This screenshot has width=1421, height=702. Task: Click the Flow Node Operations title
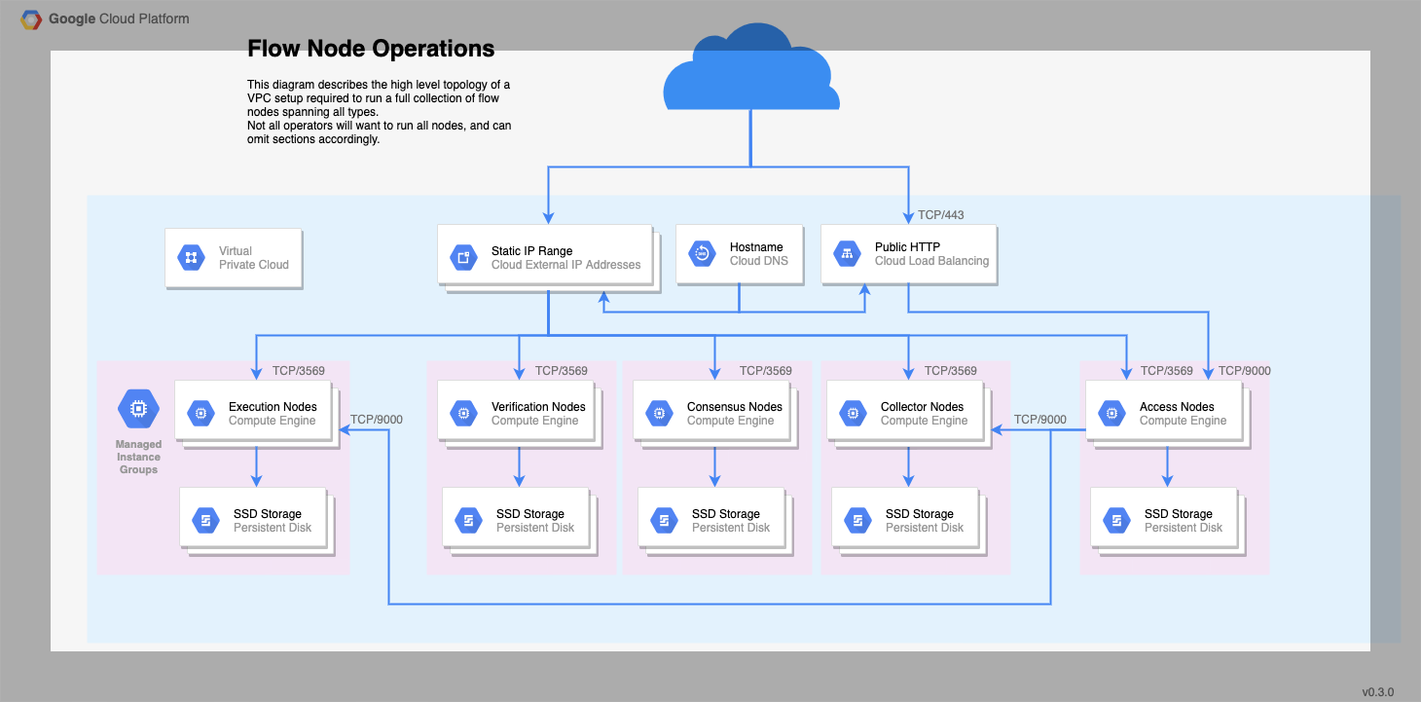click(371, 49)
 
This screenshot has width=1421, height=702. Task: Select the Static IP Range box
click(544, 256)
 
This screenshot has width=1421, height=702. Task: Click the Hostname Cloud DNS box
click(740, 255)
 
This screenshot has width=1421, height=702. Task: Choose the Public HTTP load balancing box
click(908, 255)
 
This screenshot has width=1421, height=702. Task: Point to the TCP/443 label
click(940, 215)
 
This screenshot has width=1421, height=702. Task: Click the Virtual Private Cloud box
click(234, 258)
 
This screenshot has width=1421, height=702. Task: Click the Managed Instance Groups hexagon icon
click(138, 409)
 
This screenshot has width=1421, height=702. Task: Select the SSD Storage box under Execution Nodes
click(254, 520)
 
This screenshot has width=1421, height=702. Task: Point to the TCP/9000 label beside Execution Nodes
click(376, 420)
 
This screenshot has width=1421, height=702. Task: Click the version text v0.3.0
click(1377, 691)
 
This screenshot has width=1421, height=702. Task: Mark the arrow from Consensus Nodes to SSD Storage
click(714, 466)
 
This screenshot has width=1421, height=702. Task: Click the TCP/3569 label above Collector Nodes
click(950, 371)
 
